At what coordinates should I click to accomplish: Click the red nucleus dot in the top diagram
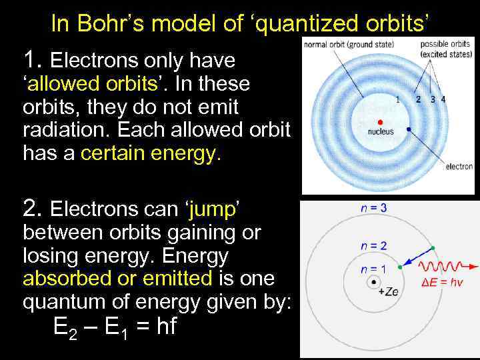pos(380,122)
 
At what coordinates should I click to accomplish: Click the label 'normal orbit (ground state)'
pos(349,45)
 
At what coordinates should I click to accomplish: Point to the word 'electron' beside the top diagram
pos(459,167)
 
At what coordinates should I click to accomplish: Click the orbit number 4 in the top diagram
pos(444,99)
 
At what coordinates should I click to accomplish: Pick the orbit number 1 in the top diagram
pos(398,99)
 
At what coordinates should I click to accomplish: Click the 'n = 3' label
pos(373,207)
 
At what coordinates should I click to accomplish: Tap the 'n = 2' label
pos(373,245)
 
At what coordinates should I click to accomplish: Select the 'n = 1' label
pos(373,269)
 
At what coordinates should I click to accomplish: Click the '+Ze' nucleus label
pos(387,292)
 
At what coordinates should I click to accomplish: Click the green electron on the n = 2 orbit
pos(433,248)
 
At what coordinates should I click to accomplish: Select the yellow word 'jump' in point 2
pos(212,209)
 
